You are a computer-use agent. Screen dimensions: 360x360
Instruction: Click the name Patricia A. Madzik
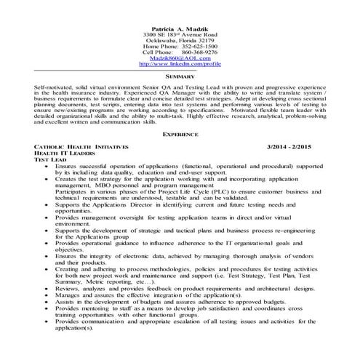180,26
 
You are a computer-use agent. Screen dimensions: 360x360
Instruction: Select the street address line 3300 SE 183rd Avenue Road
180,33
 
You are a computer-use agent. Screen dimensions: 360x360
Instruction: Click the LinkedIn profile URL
180,64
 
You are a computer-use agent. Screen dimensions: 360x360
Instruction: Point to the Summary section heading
180,76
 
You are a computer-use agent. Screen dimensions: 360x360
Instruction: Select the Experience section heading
180,135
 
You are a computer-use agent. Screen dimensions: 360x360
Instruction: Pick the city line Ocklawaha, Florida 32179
180,39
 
